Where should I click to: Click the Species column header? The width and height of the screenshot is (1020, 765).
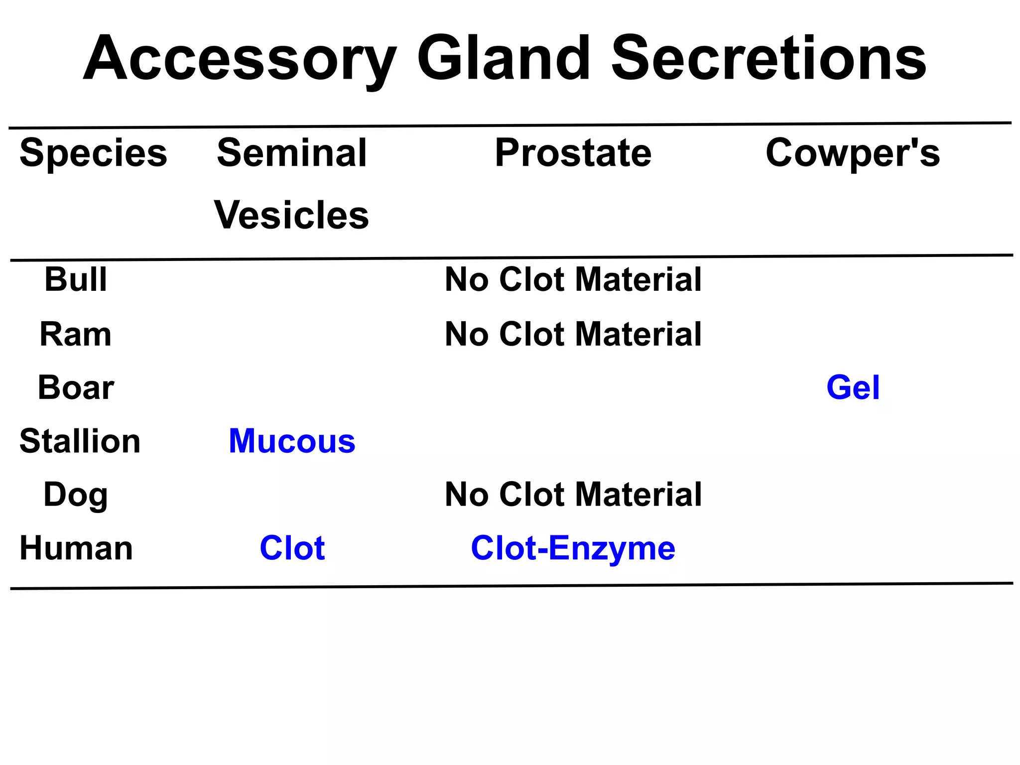(x=93, y=153)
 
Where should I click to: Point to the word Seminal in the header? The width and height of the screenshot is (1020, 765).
(x=292, y=152)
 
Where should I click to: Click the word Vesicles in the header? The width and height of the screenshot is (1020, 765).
(x=292, y=215)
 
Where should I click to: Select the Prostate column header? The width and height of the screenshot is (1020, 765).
(x=573, y=152)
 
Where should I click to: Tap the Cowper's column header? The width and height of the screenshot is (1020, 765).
(x=852, y=153)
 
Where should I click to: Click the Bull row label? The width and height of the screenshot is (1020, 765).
(x=76, y=279)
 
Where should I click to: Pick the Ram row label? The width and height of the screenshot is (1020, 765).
(x=76, y=334)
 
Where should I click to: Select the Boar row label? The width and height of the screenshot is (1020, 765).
(x=76, y=387)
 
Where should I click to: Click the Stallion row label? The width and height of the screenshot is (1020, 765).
(x=80, y=441)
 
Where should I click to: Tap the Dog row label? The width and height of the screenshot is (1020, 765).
(x=76, y=495)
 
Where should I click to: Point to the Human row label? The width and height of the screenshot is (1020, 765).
(x=76, y=548)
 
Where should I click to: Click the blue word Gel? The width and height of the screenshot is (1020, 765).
(x=853, y=387)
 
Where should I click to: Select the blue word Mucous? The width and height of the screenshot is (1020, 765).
(x=292, y=441)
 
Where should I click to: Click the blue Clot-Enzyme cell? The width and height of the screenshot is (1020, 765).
(x=573, y=549)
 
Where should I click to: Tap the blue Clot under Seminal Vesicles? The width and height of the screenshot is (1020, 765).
(x=292, y=548)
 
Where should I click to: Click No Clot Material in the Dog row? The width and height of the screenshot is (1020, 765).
(x=573, y=495)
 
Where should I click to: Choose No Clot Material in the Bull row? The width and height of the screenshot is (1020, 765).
(x=573, y=279)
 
